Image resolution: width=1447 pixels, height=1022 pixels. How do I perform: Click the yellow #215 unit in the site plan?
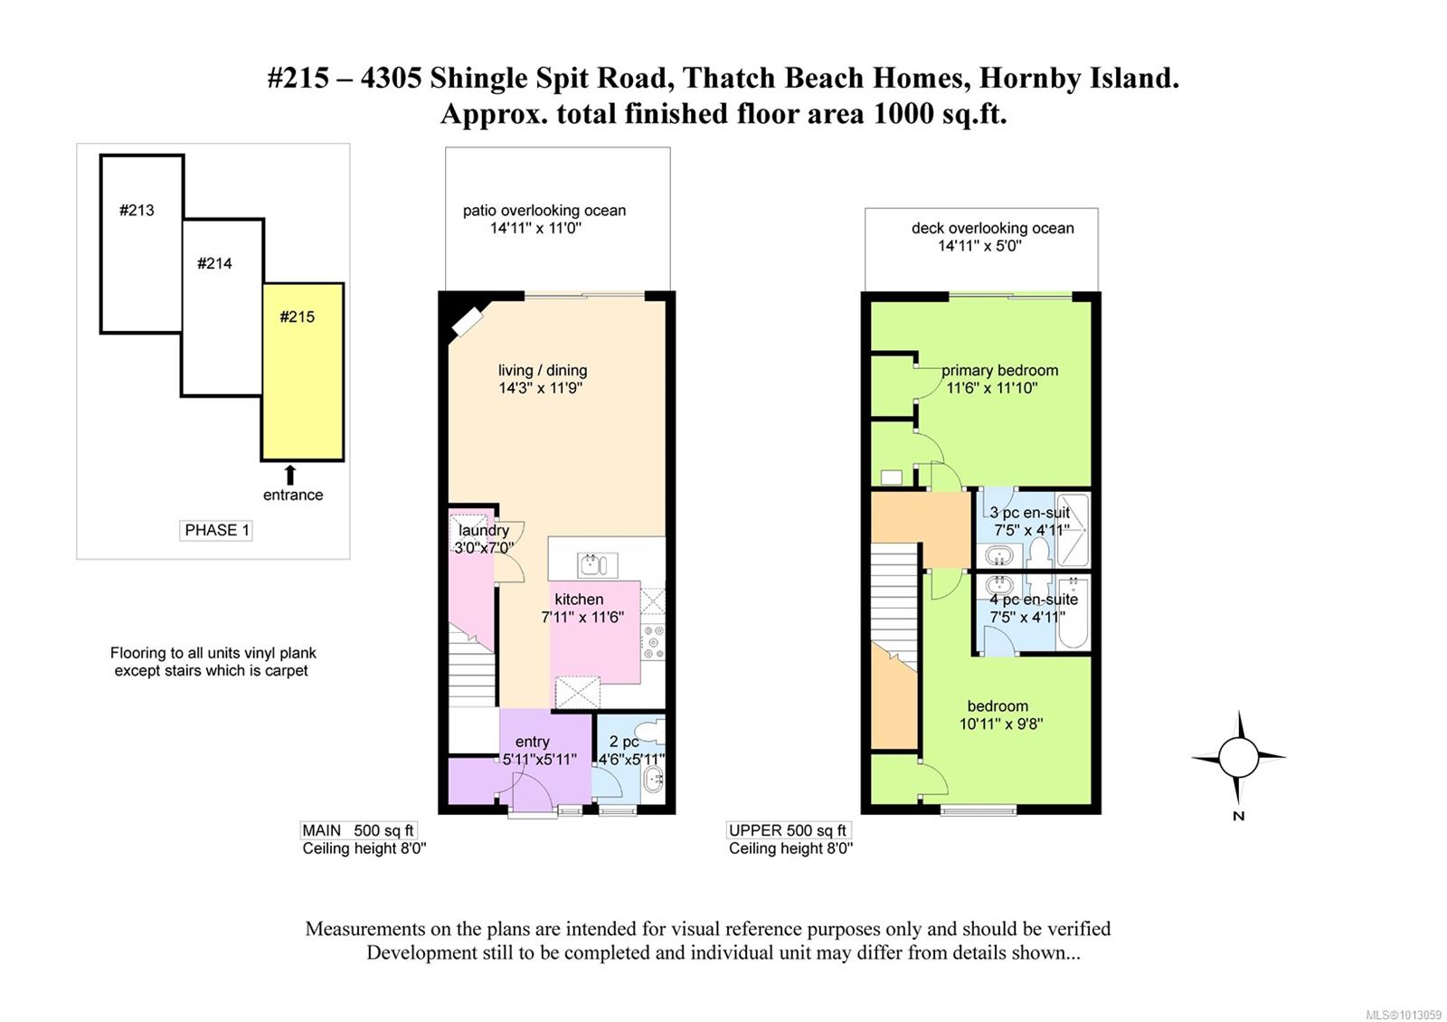tap(302, 372)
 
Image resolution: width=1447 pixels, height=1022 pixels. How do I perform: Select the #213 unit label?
tap(137, 211)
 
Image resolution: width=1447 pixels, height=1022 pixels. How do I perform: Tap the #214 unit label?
tap(214, 263)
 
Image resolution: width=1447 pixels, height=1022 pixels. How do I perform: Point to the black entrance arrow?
tap(290, 475)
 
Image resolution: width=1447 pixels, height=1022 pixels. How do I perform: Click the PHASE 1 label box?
tap(216, 530)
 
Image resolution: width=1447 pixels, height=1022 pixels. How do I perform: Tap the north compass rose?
tap(1238, 757)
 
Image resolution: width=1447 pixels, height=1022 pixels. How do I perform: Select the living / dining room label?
tap(543, 371)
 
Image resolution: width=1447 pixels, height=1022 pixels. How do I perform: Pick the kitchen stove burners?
tap(653, 642)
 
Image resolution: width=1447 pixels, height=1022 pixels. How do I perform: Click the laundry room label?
tap(484, 530)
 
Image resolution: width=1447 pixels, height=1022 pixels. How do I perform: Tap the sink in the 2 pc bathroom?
tap(654, 780)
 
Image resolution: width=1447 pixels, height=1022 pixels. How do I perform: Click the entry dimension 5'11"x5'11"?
tap(540, 760)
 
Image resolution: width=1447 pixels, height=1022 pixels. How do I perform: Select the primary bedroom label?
tap(1000, 371)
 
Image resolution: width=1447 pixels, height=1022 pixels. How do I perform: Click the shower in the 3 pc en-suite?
tap(1073, 530)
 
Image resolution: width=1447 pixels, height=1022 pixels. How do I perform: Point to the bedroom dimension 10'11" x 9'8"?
tap(1001, 724)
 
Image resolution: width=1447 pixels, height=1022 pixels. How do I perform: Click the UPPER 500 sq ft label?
tap(788, 831)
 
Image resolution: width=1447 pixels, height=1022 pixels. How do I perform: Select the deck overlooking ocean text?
tap(993, 228)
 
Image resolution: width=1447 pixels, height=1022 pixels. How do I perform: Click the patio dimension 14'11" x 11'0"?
tap(536, 228)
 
